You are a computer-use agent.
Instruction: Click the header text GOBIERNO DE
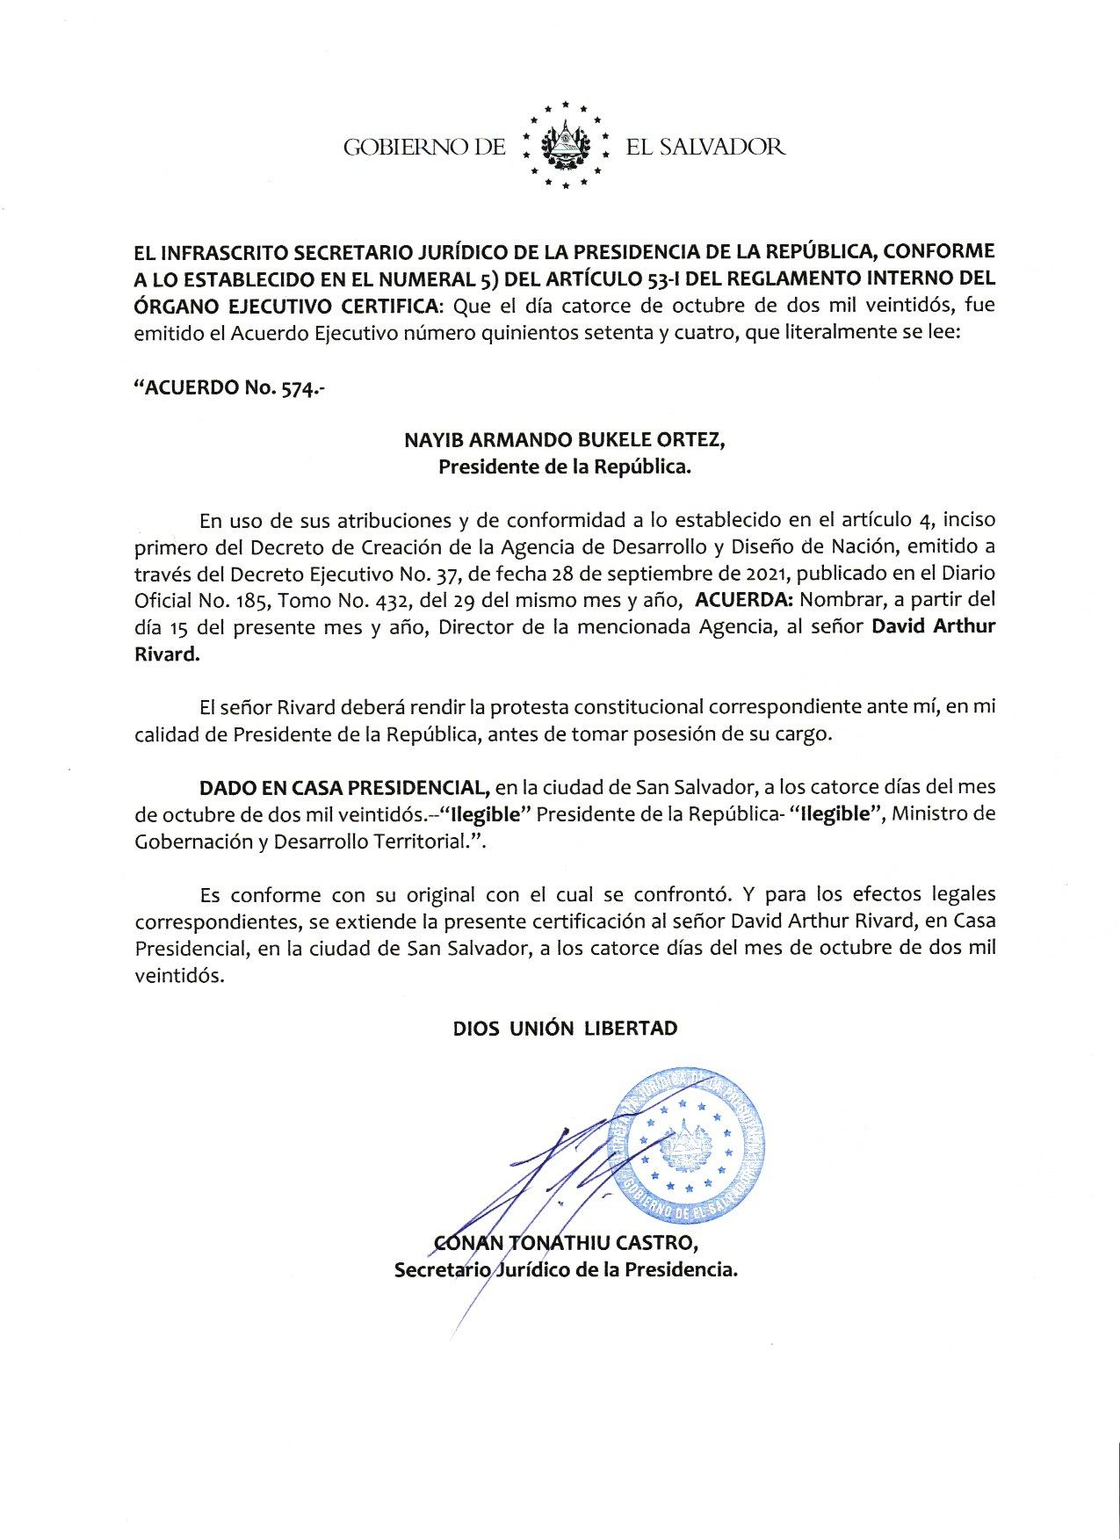[424, 147]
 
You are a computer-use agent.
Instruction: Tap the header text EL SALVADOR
[705, 147]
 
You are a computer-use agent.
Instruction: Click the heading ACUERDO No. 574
[228, 387]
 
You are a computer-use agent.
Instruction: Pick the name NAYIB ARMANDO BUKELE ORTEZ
[564, 439]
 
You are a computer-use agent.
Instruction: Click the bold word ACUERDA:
[744, 601]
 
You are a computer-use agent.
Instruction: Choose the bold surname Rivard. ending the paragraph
[167, 654]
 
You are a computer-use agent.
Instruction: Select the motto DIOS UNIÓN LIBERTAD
[565, 1029]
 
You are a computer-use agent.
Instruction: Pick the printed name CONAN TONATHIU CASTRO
[566, 1243]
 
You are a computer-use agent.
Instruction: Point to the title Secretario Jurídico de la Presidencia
[566, 1270]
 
